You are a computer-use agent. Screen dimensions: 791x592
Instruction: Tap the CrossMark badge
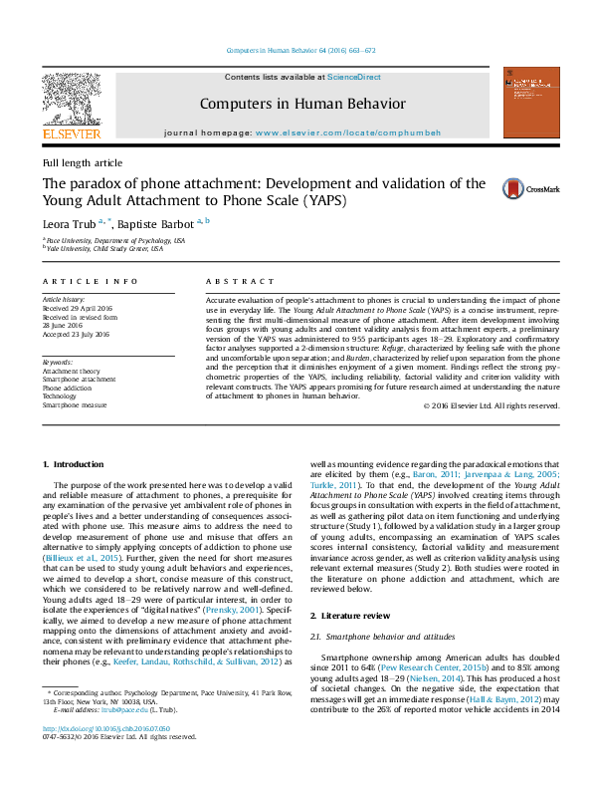point(516,188)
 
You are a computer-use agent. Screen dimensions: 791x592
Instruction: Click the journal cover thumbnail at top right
point(526,103)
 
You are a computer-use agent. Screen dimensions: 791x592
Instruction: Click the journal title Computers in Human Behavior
point(302,103)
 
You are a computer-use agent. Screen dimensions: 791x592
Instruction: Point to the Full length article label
point(83,162)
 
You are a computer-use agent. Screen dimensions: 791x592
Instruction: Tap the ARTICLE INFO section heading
point(90,283)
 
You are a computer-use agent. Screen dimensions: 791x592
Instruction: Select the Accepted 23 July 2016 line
point(76,334)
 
